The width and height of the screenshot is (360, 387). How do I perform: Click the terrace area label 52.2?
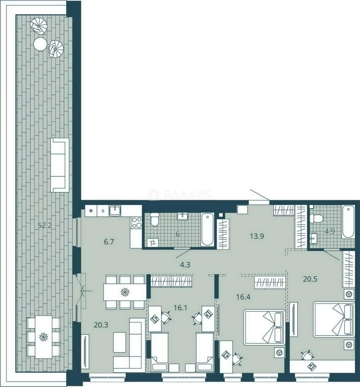pyautogui.click(x=45, y=225)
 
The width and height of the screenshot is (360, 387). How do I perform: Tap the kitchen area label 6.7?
pyautogui.click(x=109, y=242)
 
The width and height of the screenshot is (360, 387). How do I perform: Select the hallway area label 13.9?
pyautogui.click(x=257, y=236)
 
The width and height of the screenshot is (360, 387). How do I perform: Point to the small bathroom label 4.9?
pyautogui.click(x=330, y=231)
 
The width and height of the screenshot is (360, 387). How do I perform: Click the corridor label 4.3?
pyautogui.click(x=185, y=265)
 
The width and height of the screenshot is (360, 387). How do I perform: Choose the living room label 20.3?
pyautogui.click(x=101, y=325)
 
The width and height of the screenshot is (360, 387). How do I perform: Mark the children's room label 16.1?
pyautogui.click(x=180, y=308)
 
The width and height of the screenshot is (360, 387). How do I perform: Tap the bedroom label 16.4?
pyautogui.click(x=243, y=297)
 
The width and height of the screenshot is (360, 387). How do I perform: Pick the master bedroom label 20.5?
pyautogui.click(x=310, y=279)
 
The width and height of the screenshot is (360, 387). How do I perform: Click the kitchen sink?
pyautogui.click(x=115, y=211)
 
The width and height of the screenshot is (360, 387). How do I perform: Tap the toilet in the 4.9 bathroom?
pyautogui.click(x=317, y=219)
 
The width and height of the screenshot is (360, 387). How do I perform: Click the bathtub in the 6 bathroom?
pyautogui.click(x=207, y=229)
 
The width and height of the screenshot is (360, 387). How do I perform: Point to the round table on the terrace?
pyautogui.click(x=40, y=44)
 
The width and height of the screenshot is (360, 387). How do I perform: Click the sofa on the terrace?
pyautogui.click(x=60, y=165)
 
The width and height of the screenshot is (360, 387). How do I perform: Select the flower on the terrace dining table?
pyautogui.click(x=43, y=336)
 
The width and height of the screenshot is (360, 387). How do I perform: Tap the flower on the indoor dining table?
pyautogui.click(x=125, y=292)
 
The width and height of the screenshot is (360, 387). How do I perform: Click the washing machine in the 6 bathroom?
pyautogui.click(x=153, y=242)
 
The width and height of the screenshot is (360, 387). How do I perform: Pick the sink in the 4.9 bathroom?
pyautogui.click(x=314, y=238)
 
